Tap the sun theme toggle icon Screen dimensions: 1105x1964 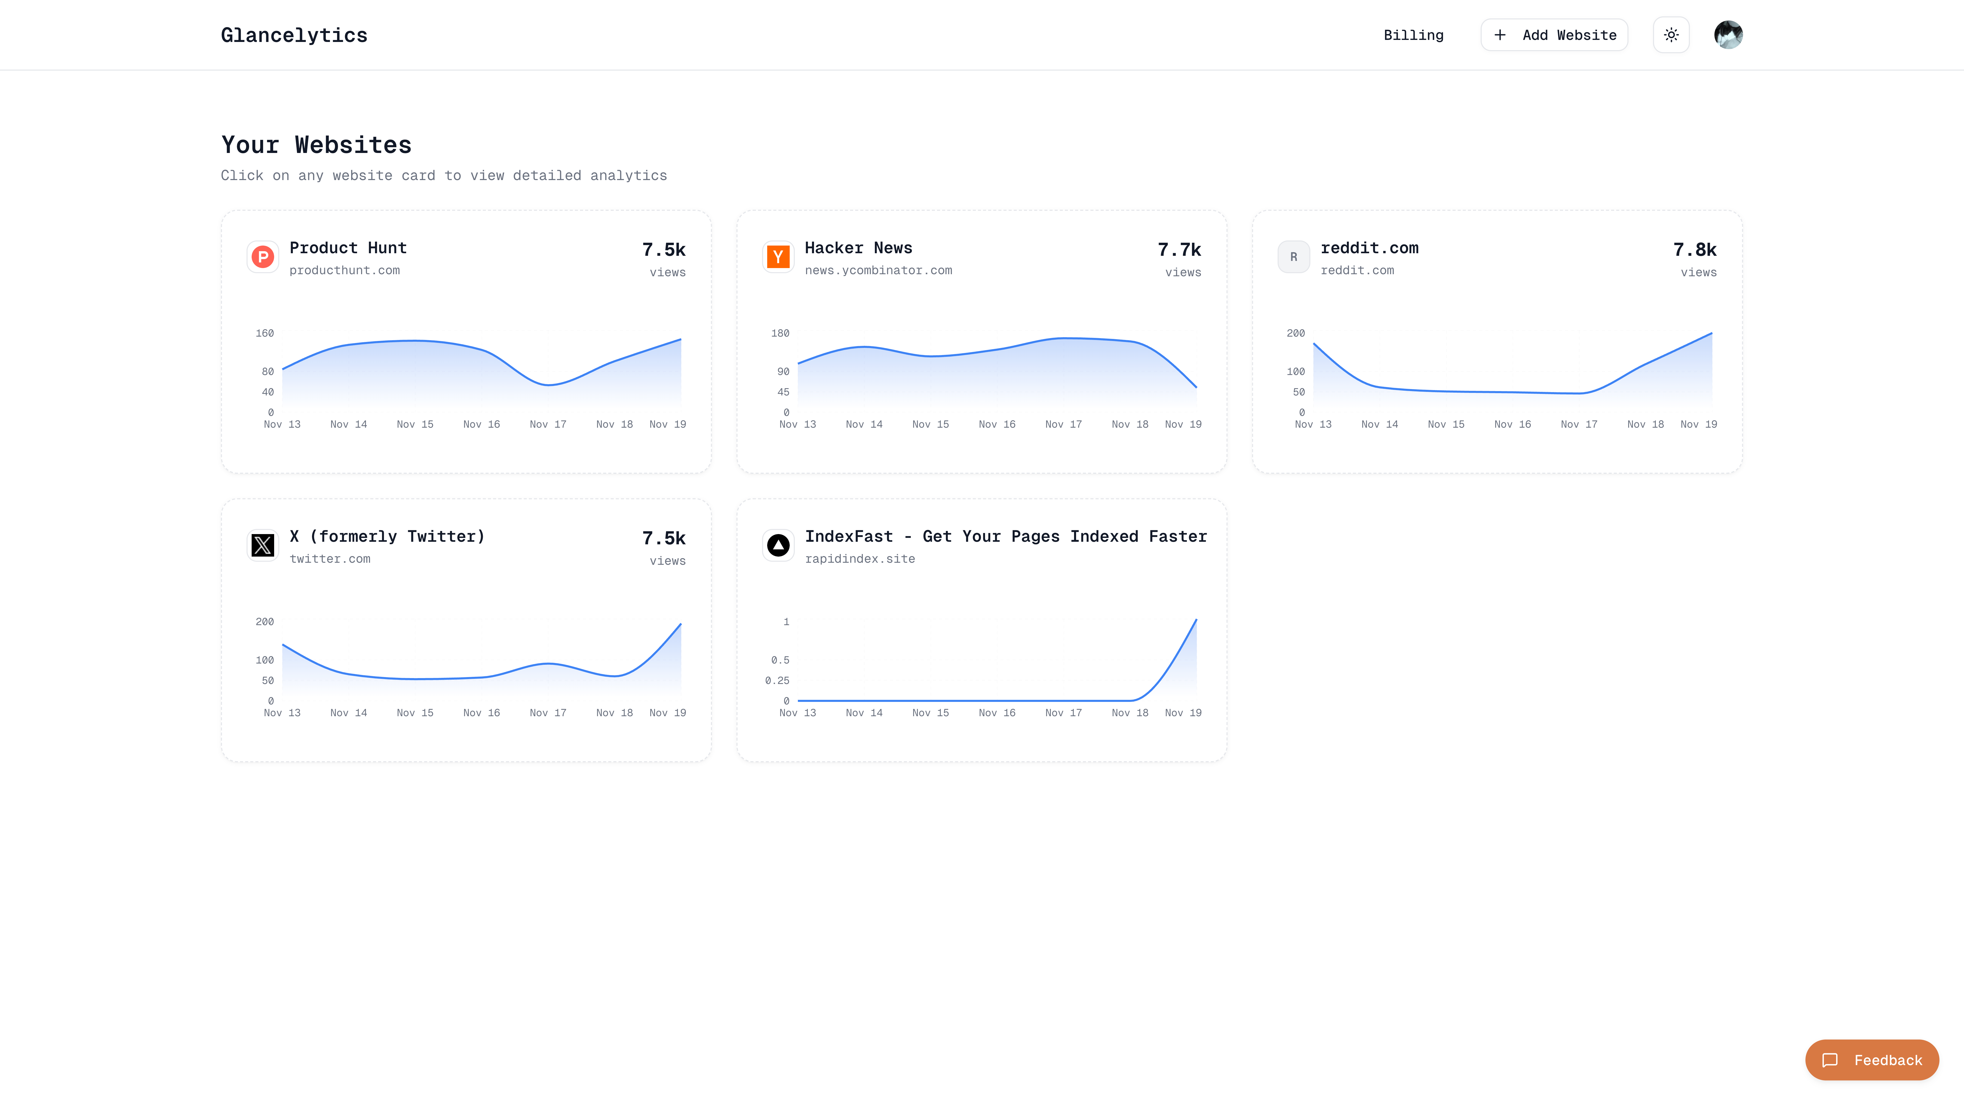coord(1670,35)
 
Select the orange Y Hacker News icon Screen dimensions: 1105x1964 coord(778,257)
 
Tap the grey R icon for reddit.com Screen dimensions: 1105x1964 coord(1293,257)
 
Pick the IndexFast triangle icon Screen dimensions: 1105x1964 coord(778,545)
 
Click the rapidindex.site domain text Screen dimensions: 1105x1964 coord(859,559)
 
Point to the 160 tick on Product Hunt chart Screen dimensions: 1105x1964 coord(265,333)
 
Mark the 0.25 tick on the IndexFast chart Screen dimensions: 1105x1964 coord(777,680)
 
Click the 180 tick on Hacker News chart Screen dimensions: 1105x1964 coord(780,333)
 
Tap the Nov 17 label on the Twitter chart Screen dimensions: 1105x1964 coord(548,713)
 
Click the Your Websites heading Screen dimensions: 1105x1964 coord(316,145)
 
